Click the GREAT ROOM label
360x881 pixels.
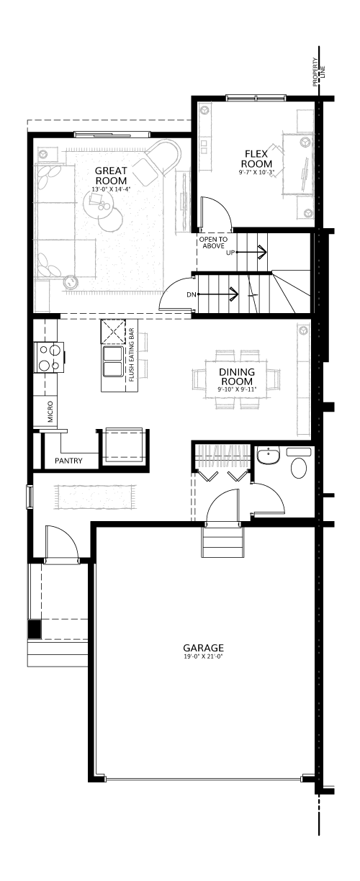click(x=112, y=176)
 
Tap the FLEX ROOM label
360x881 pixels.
click(x=256, y=158)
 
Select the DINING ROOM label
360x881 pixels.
click(x=237, y=376)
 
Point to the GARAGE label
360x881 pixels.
click(x=204, y=647)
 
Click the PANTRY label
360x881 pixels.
click(x=68, y=461)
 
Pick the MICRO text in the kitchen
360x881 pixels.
click(x=50, y=412)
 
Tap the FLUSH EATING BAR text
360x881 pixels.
click(x=132, y=355)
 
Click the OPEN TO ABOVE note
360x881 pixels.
click(x=213, y=243)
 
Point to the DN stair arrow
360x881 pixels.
click(x=217, y=294)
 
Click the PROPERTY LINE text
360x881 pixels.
click(x=319, y=72)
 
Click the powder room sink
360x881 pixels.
click(x=268, y=456)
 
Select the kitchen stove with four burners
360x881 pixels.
click(x=49, y=357)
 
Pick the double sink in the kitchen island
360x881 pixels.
click(x=112, y=361)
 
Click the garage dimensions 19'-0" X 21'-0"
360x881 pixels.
click(x=204, y=656)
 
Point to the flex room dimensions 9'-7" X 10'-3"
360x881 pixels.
click(x=256, y=172)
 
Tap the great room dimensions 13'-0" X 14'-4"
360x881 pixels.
click(x=111, y=189)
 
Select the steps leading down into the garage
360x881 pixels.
click(x=223, y=541)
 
